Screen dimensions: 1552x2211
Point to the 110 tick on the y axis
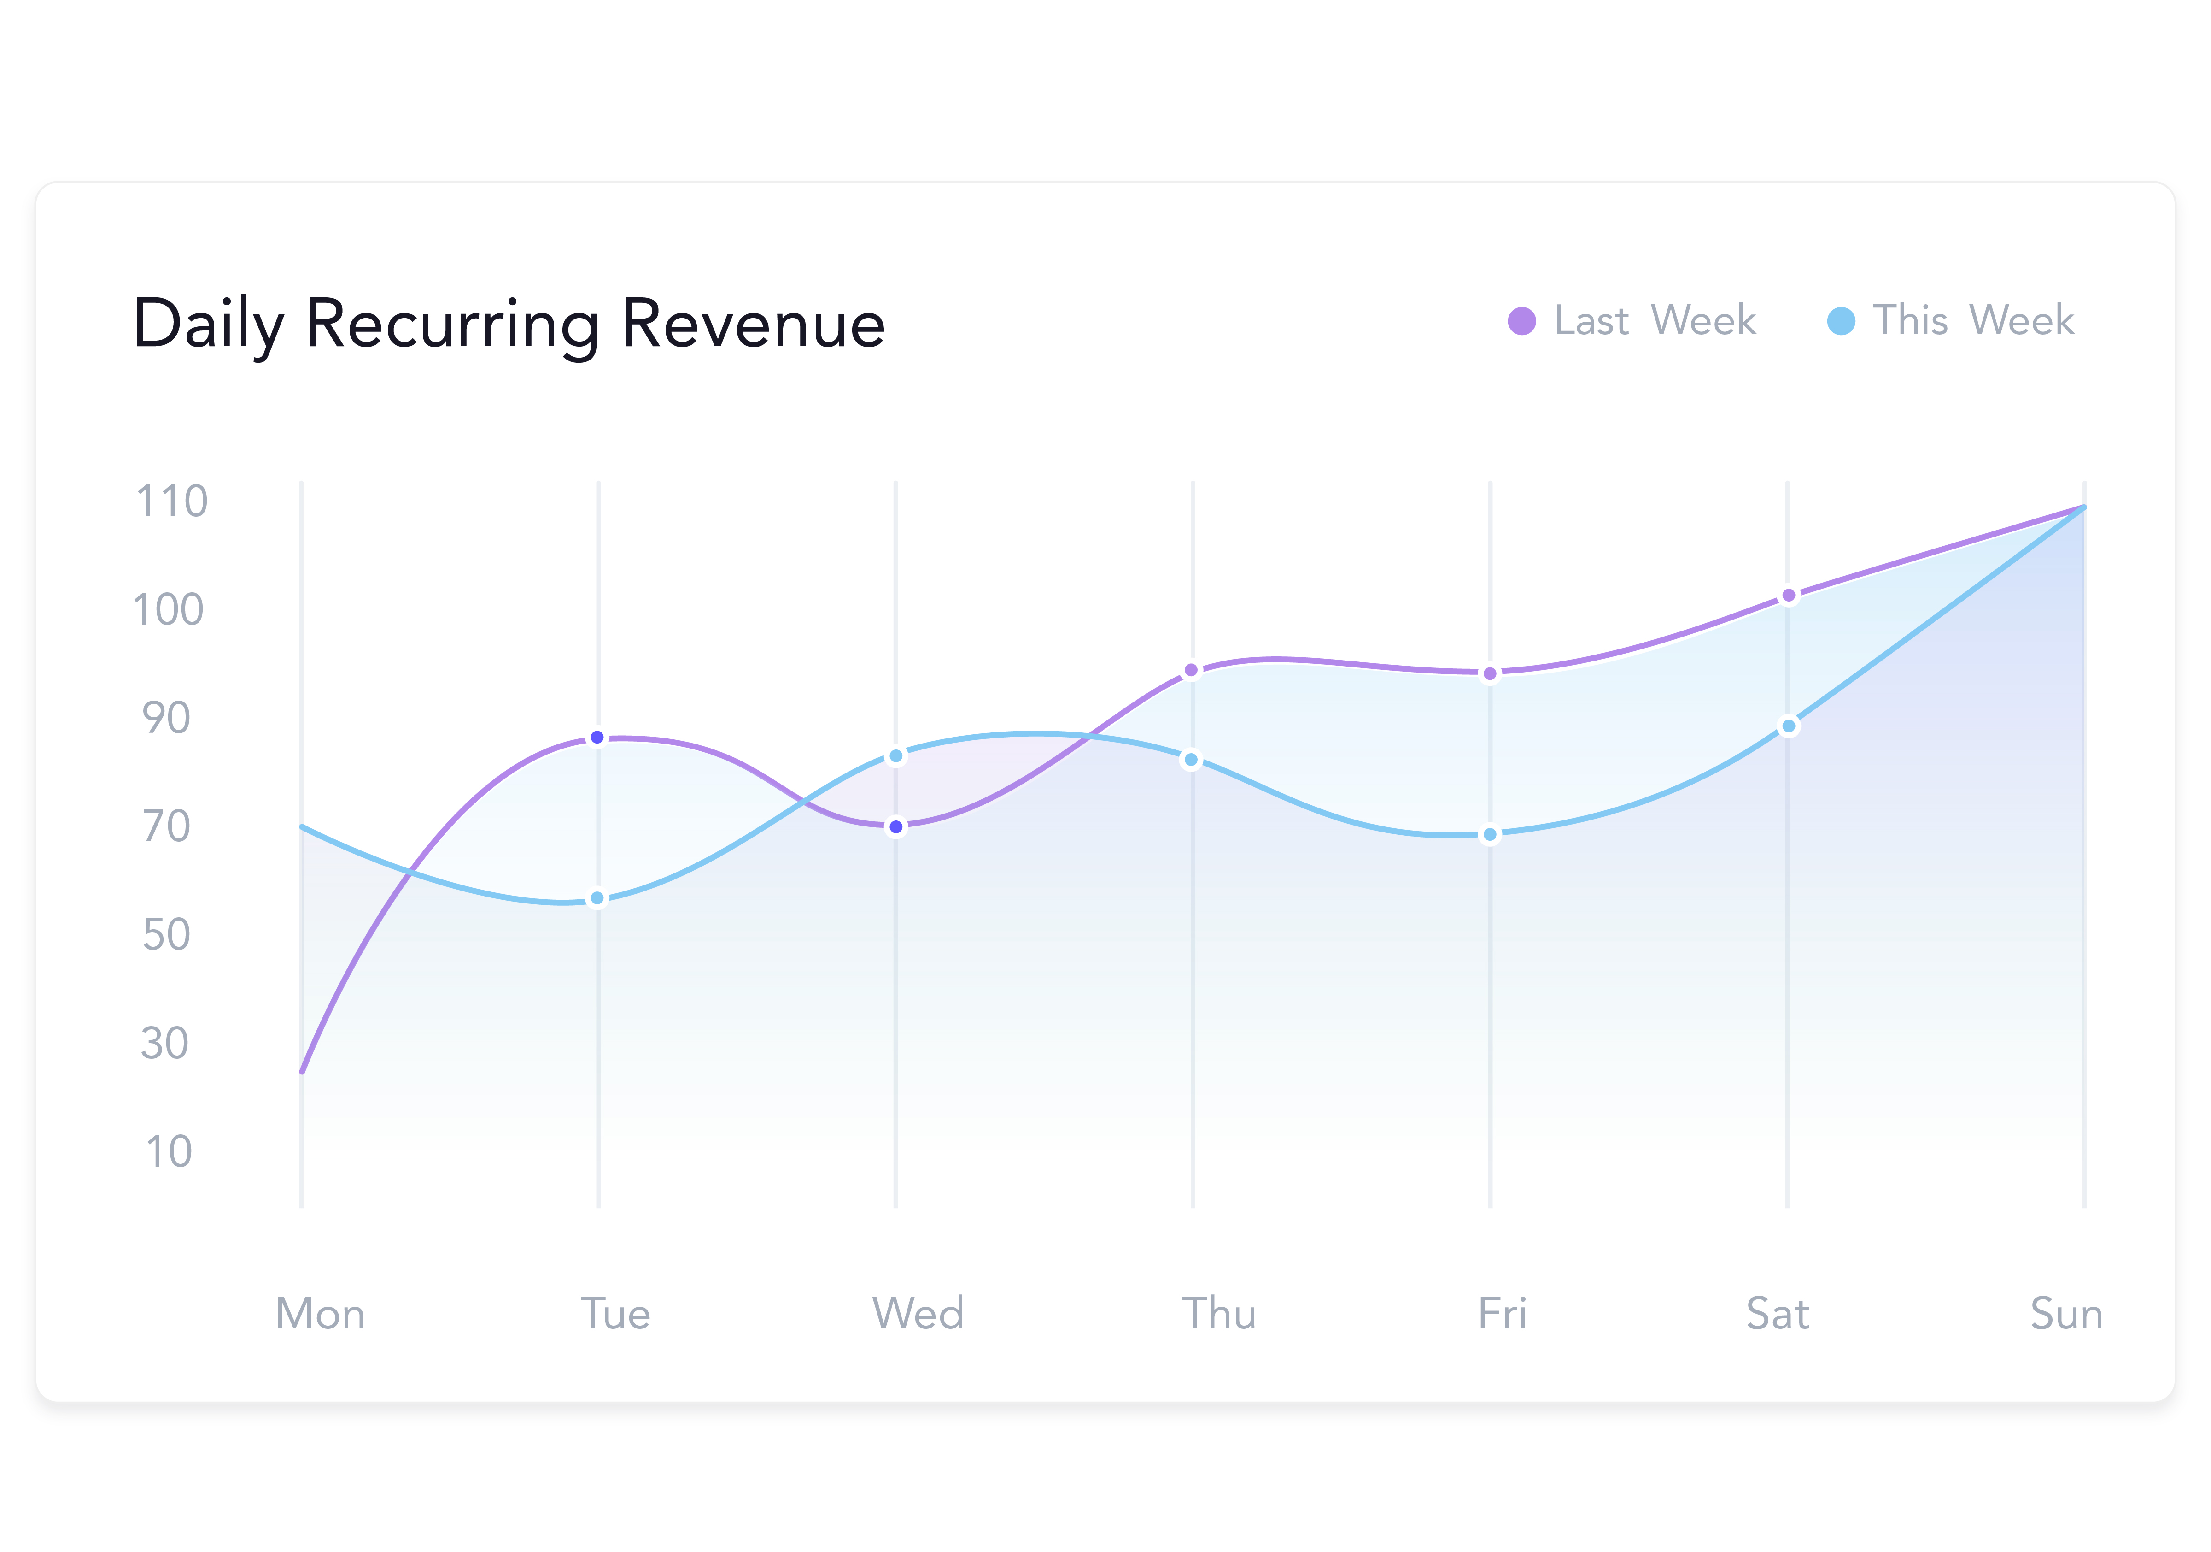point(171,502)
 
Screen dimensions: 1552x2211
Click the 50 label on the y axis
point(167,934)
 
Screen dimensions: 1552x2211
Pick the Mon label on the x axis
point(320,1314)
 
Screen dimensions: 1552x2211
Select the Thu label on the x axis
point(1219,1314)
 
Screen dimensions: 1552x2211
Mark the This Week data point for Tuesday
point(597,898)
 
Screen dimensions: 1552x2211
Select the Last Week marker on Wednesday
point(895,826)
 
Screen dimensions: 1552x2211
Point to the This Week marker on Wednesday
point(895,756)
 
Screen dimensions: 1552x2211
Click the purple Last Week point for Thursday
point(1191,671)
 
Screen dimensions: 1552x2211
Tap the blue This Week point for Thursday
point(1191,760)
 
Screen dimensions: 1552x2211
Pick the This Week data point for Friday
point(1490,834)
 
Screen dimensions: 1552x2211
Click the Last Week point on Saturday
point(1788,596)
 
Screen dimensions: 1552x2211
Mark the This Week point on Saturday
point(1788,726)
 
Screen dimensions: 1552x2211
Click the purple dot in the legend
point(1521,321)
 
